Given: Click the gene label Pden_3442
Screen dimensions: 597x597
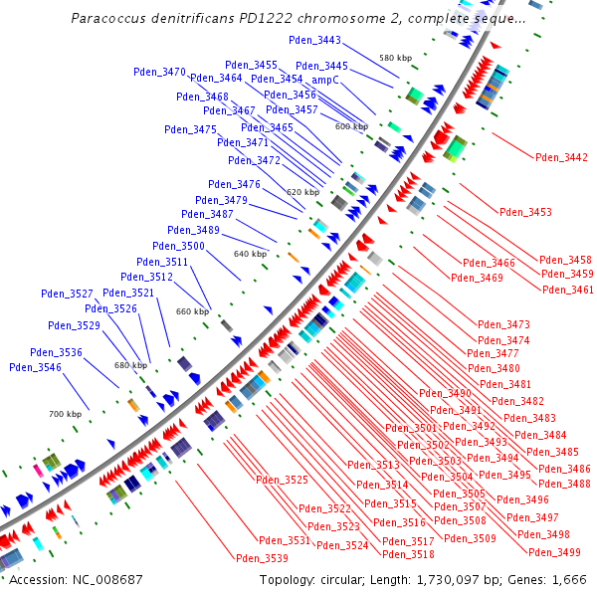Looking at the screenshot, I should pyautogui.click(x=561, y=157).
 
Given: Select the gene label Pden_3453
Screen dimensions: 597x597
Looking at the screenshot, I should pyautogui.click(x=525, y=212).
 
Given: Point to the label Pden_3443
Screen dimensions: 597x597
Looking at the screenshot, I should pyautogui.click(x=314, y=41).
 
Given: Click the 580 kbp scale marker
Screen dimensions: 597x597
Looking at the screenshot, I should pyautogui.click(x=395, y=58).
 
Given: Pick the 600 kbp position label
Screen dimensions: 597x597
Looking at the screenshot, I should pyautogui.click(x=351, y=126).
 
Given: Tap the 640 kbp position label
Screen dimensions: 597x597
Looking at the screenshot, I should pyautogui.click(x=251, y=254).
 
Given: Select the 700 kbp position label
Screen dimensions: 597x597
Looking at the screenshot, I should pyautogui.click(x=66, y=413).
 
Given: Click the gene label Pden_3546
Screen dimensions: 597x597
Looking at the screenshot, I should pyautogui.click(x=36, y=367).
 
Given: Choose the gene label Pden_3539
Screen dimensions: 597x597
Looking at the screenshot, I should pyautogui.click(x=263, y=557).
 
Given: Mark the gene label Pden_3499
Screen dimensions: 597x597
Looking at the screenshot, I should pyautogui.click(x=555, y=552).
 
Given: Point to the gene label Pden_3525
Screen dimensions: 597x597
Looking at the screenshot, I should pyautogui.click(x=283, y=480).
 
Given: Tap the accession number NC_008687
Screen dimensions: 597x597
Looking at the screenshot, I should pyautogui.click(x=99, y=579).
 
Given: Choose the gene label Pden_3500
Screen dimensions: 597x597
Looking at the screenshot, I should pyautogui.click(x=179, y=246).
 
